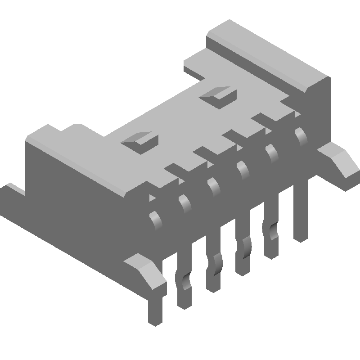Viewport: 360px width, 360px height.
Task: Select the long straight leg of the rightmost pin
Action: tap(301, 211)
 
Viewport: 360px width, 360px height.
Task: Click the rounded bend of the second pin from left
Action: tap(185, 202)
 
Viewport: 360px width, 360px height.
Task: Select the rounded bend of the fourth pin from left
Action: tap(243, 169)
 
